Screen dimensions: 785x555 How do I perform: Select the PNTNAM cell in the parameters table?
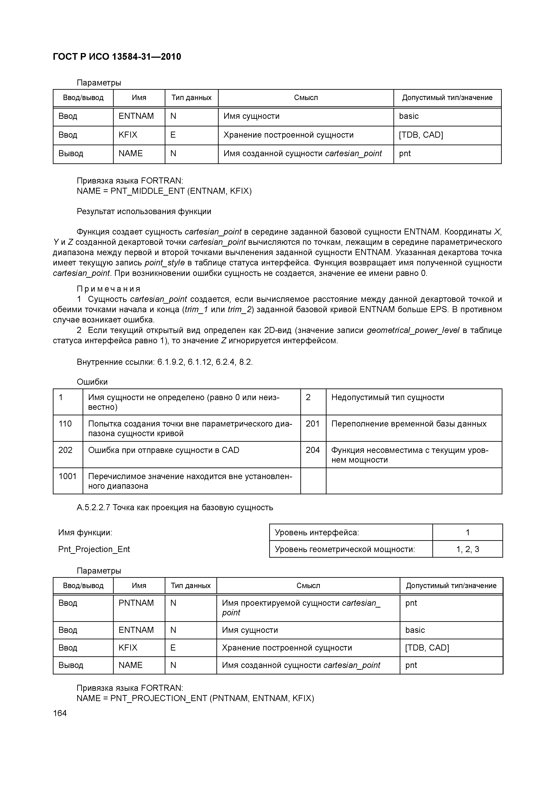tap(136, 603)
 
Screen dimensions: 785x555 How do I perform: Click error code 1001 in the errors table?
tap(67, 476)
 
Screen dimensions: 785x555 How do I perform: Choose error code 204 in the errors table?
tap(313, 450)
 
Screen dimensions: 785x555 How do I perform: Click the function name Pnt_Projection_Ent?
tap(94, 549)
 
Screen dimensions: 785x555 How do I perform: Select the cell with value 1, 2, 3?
tap(467, 549)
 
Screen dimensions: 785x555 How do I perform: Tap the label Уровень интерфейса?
tap(317, 532)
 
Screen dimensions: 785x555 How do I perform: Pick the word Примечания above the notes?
tap(108, 289)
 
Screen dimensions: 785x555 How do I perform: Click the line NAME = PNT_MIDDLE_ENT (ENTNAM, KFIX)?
tap(164, 191)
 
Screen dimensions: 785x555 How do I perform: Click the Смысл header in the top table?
tap(306, 98)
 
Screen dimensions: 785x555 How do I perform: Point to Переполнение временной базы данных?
tap(409, 424)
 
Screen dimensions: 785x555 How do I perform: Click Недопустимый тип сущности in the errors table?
tap(387, 397)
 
